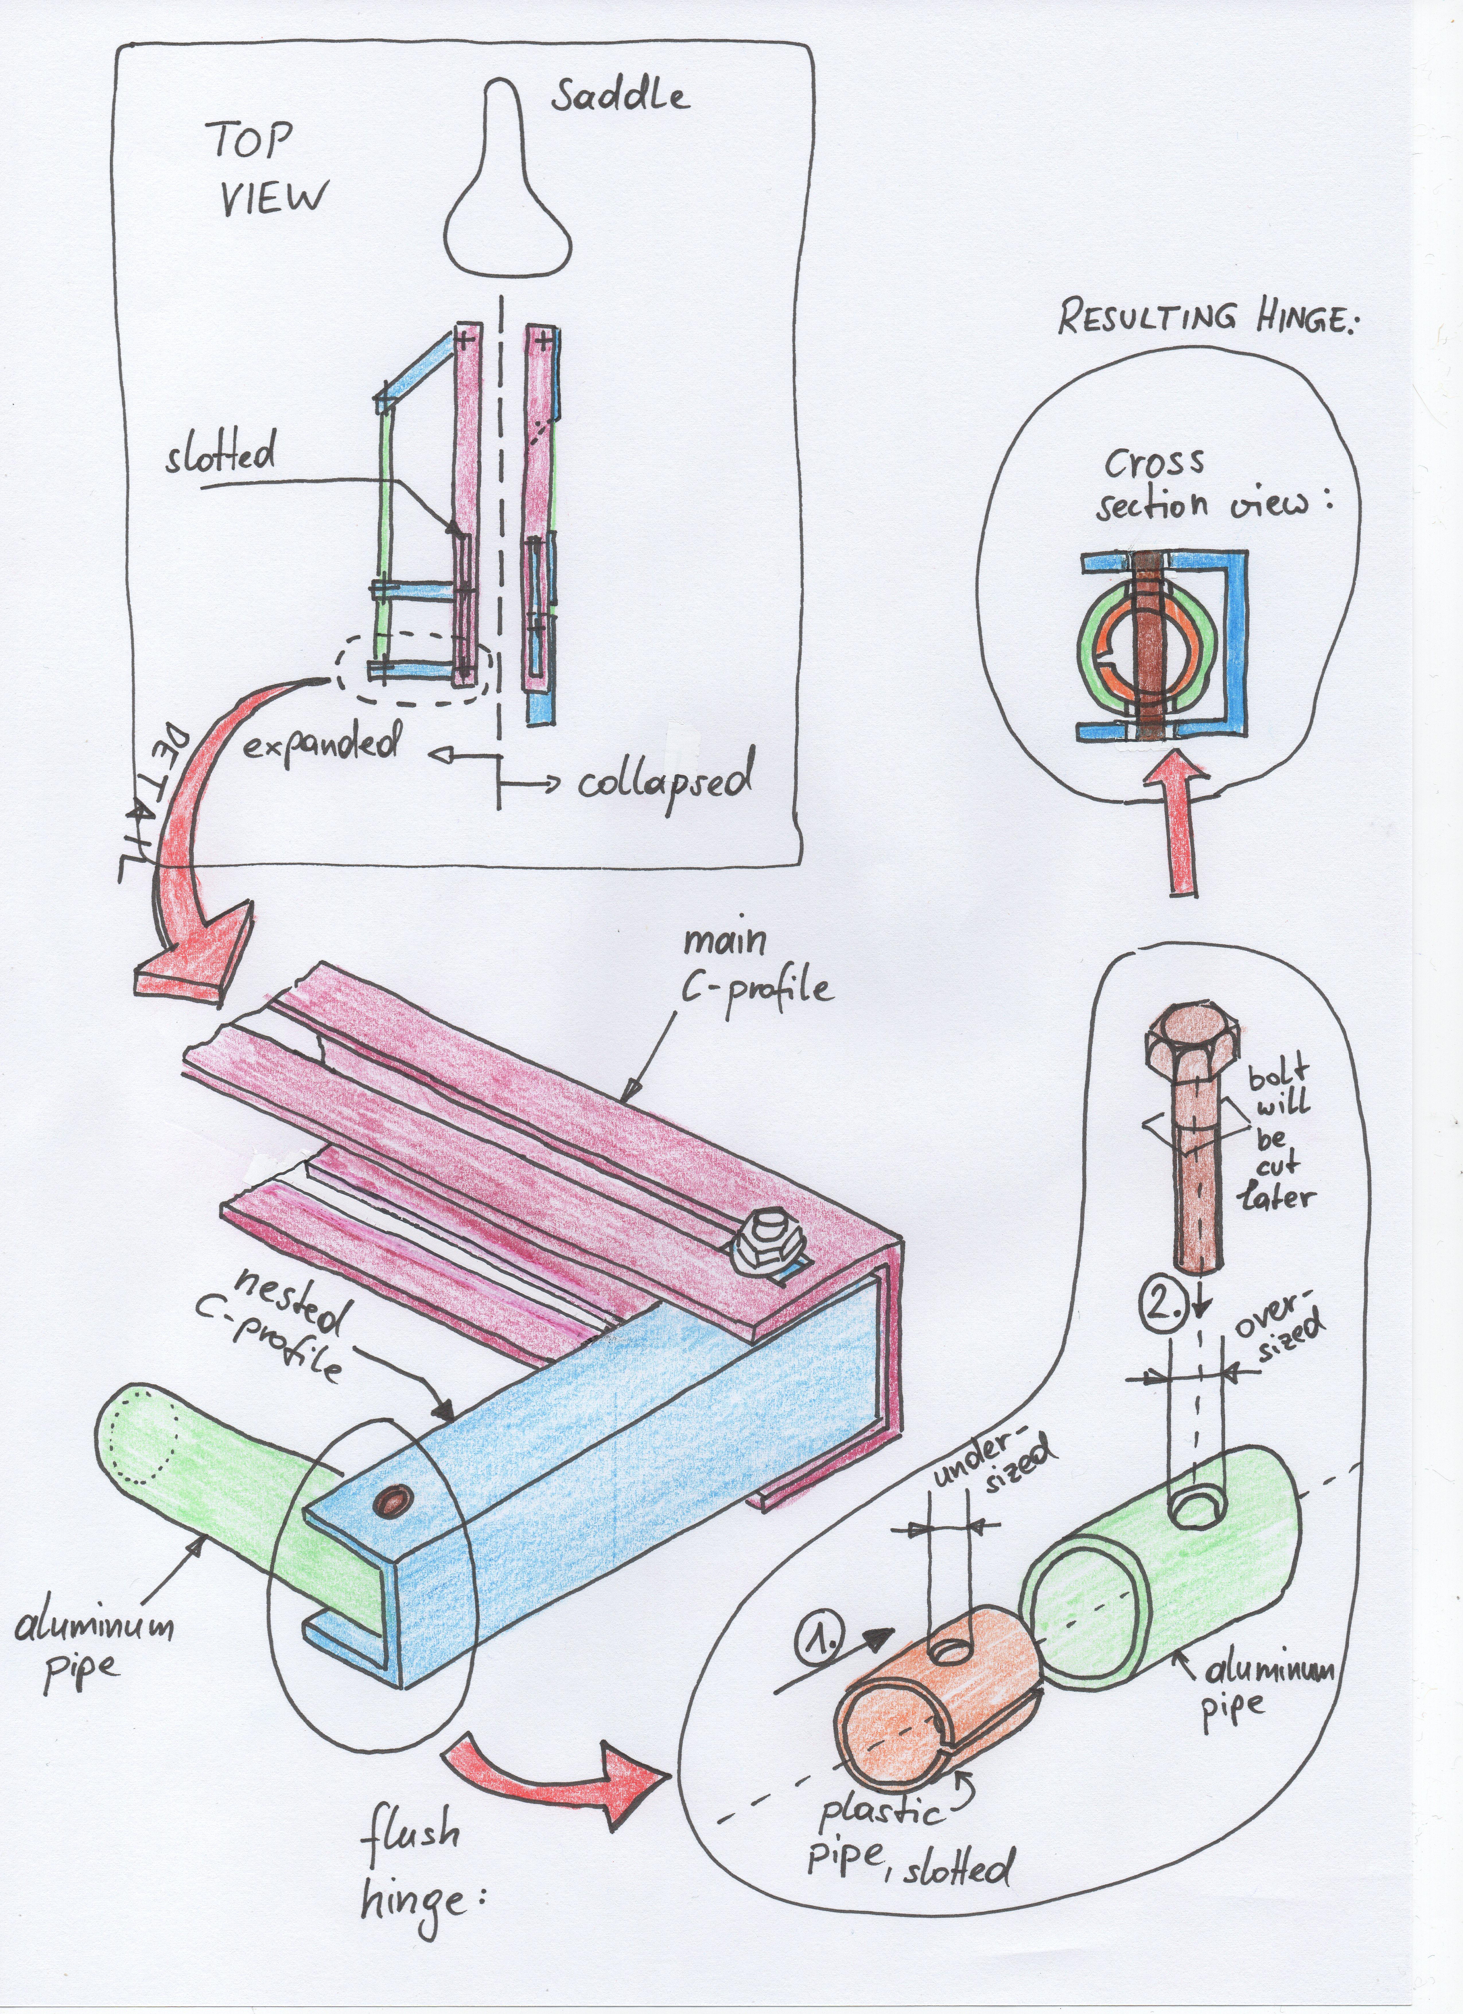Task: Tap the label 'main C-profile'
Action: tap(754, 968)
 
